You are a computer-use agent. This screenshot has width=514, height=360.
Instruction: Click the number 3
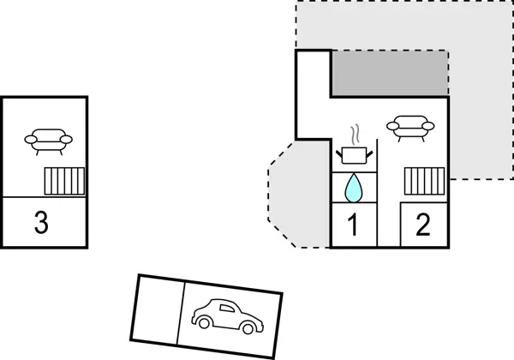point(41,223)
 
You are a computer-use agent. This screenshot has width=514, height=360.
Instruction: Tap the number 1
point(351,225)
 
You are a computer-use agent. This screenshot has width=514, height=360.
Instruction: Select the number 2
point(422,225)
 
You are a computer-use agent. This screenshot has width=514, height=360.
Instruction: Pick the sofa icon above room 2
point(408,127)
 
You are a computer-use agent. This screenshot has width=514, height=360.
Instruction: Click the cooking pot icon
point(354,154)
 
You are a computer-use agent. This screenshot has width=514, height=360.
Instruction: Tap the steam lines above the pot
point(356,134)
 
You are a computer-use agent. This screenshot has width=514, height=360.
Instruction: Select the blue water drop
point(352,187)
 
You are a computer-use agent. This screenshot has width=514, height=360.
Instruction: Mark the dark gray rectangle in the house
point(390,72)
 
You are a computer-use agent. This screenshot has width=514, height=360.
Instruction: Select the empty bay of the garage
point(158,309)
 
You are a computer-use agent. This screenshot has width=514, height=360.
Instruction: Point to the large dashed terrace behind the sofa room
point(480,86)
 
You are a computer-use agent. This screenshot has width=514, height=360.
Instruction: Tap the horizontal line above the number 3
point(44,197)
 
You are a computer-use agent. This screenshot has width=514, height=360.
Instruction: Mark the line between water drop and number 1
point(352,204)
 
